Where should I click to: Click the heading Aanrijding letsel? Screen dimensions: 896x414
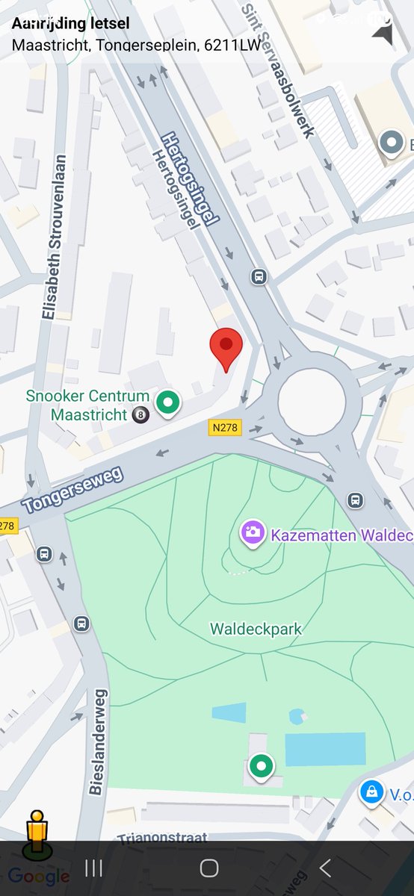(x=70, y=24)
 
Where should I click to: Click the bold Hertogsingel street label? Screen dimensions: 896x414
(x=190, y=178)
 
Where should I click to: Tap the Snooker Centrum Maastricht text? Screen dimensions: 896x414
(x=87, y=405)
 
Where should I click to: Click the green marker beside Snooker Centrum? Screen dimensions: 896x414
(x=168, y=403)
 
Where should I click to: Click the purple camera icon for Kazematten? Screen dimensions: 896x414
(x=253, y=533)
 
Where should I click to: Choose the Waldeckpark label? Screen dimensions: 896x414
(x=256, y=629)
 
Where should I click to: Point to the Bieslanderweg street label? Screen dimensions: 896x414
(x=99, y=742)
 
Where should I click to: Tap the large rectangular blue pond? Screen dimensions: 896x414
(x=325, y=749)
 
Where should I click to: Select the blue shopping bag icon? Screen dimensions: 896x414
(x=371, y=792)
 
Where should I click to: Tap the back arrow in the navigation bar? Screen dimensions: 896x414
(x=325, y=868)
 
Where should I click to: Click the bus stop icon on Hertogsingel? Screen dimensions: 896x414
(x=259, y=276)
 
